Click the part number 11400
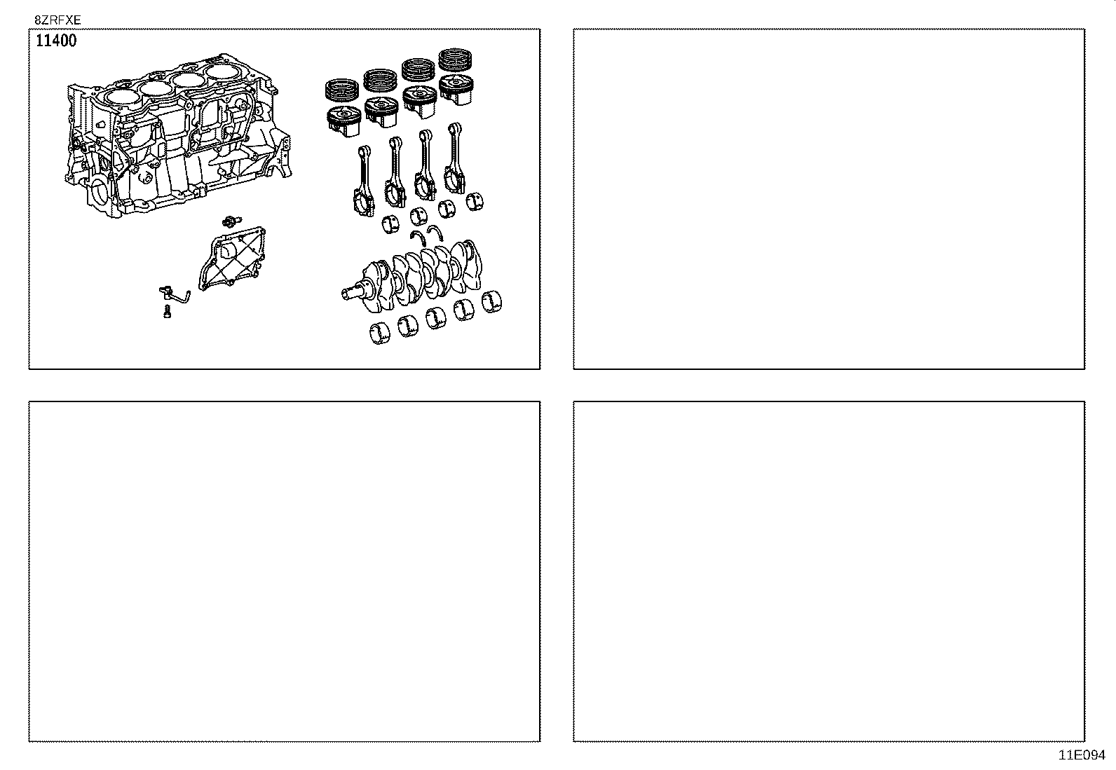click(56, 41)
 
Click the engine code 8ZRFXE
click(57, 21)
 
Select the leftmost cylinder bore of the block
click(118, 97)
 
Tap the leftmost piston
click(343, 120)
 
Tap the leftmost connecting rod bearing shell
click(391, 225)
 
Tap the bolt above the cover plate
click(229, 221)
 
